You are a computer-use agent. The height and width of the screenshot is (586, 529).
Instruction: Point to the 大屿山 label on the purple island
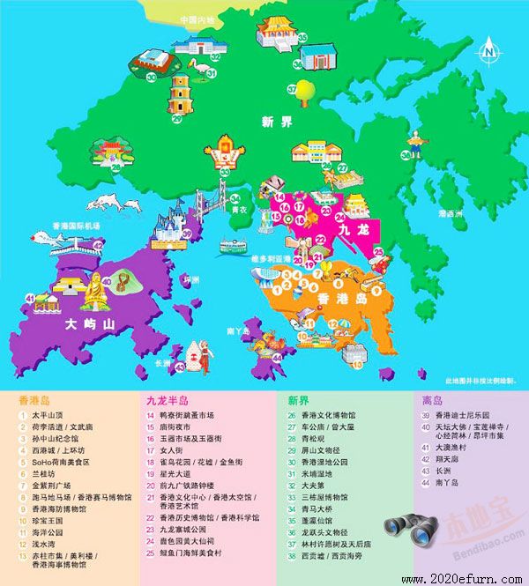click(x=90, y=324)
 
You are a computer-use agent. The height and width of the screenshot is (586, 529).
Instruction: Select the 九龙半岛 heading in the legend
click(x=168, y=399)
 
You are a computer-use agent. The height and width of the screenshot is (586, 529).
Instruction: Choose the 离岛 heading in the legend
click(x=432, y=399)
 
